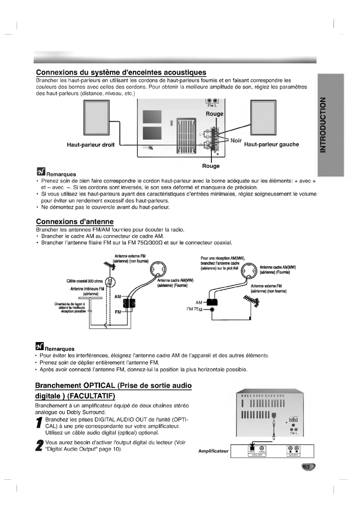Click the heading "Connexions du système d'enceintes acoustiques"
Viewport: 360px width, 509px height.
pyautogui.click(x=121, y=72)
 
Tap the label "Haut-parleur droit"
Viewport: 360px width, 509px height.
pyautogui.click(x=91, y=145)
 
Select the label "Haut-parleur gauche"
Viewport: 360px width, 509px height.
pyautogui.click(x=272, y=145)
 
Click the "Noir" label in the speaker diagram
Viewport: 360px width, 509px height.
pyautogui.click(x=236, y=140)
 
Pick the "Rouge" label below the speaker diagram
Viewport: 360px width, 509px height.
pyautogui.click(x=211, y=166)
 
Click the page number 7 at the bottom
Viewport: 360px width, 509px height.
pyautogui.click(x=308, y=468)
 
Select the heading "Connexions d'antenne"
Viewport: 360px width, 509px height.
pyautogui.click(x=75, y=222)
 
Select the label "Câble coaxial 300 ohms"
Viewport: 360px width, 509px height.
pyautogui.click(x=85, y=281)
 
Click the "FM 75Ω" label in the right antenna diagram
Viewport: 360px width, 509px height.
pyautogui.click(x=196, y=309)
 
